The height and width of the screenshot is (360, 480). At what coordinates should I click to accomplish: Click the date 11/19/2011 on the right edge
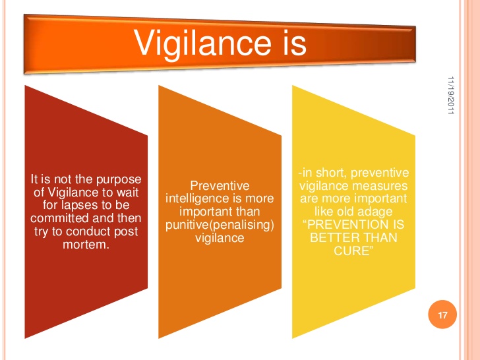click(x=452, y=96)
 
